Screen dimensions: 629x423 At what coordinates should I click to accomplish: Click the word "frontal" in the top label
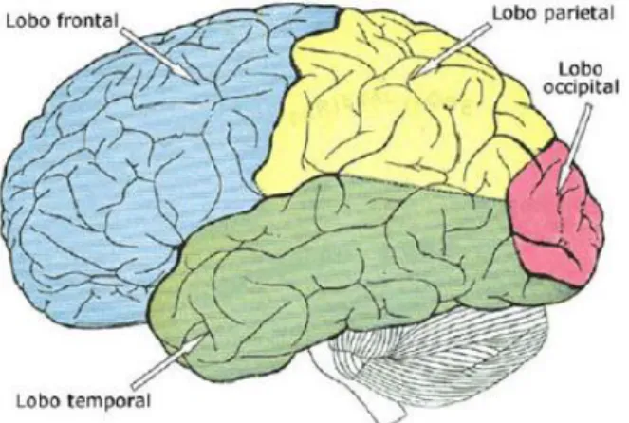click(87, 21)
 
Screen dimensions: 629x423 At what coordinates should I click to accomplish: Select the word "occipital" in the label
click(581, 87)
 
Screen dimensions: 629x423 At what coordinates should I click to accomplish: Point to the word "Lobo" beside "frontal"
click(29, 21)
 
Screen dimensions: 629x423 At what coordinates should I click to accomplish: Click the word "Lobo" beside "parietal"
click(516, 13)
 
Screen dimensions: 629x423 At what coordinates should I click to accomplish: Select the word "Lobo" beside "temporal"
click(40, 399)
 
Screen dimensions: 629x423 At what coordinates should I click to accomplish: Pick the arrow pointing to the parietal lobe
click(453, 49)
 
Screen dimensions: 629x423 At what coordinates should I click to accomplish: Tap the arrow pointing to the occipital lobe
click(576, 145)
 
